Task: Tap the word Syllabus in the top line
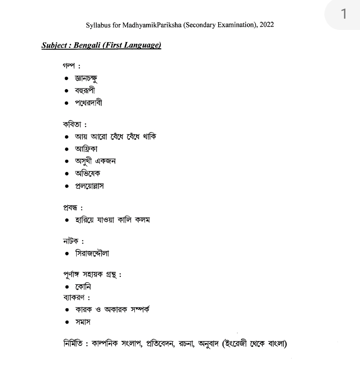[97, 25]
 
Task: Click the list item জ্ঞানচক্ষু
[86, 79]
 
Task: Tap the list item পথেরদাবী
[88, 103]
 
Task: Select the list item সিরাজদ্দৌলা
[92, 254]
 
